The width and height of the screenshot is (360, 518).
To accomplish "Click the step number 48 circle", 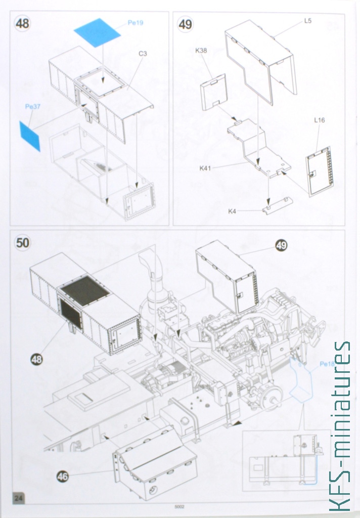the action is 22,24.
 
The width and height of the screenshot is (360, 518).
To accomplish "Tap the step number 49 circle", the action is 185,24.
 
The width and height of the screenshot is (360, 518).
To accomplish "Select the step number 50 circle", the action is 22,243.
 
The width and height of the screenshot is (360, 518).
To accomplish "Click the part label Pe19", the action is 136,23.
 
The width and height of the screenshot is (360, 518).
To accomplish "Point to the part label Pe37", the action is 33,106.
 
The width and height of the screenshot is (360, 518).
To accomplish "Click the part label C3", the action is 143,54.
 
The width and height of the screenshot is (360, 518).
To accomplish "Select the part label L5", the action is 308,20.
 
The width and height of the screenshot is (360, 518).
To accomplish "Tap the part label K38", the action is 201,51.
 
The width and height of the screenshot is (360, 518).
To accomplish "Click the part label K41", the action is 205,168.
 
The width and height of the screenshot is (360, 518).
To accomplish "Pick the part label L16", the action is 320,120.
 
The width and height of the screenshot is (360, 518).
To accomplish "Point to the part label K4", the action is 232,211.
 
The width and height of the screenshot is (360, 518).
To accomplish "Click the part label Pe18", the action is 327,364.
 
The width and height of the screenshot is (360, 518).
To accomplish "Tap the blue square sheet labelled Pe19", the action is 98,32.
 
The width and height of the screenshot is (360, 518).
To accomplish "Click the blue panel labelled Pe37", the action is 30,137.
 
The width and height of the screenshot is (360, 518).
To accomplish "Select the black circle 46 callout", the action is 62,476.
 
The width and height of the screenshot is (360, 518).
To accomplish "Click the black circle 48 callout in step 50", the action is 37,359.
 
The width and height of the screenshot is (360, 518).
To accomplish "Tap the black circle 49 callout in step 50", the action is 281,245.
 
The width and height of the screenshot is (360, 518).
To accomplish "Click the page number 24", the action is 19,498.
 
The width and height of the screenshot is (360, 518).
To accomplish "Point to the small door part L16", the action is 320,171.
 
